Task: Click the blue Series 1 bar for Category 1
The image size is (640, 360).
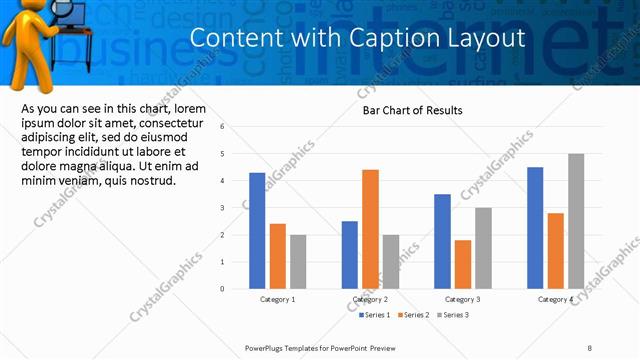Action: click(x=257, y=231)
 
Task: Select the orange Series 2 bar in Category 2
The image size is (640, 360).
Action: click(x=370, y=229)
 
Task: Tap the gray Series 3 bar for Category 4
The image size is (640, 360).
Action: click(x=576, y=221)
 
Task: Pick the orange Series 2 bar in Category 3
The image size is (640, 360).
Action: click(x=462, y=264)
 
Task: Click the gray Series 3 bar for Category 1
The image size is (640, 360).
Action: click(x=298, y=262)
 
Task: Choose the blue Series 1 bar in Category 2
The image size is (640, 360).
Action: click(x=349, y=255)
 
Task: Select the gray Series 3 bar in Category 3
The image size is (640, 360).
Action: click(x=483, y=248)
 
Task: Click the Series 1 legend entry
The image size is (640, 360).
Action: click(x=375, y=315)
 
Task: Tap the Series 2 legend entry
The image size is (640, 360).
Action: click(x=415, y=315)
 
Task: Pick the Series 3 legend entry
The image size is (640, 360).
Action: click(x=454, y=315)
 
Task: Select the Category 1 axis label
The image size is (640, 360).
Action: click(x=277, y=299)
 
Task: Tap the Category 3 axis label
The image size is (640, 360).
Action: click(x=462, y=299)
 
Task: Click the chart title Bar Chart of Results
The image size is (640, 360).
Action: click(x=412, y=111)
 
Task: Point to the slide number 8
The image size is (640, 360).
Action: click(x=589, y=347)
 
